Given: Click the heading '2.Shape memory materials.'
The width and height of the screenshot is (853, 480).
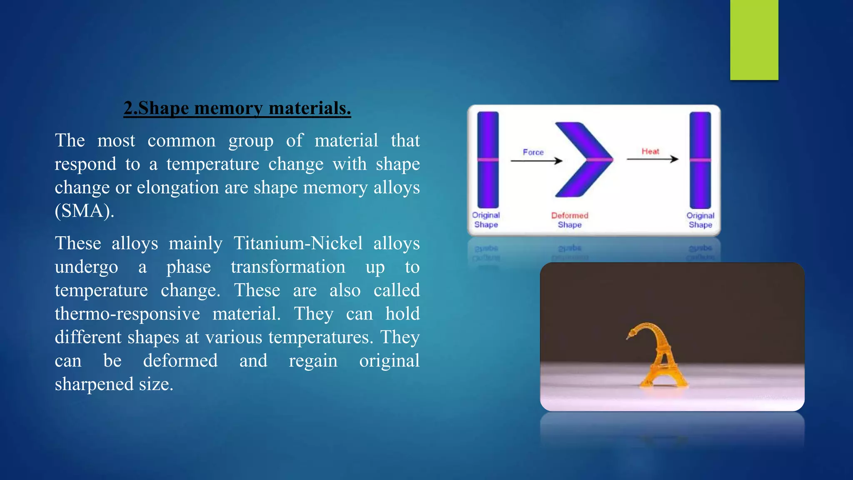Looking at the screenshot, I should tap(237, 108).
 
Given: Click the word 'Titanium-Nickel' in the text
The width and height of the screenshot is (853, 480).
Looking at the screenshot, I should tap(298, 243).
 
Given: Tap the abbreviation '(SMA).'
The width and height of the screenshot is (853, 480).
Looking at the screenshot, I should tap(85, 211).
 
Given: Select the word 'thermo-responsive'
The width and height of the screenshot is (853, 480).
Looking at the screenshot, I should tap(127, 314).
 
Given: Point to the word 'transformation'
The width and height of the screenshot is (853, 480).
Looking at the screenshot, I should tap(288, 267).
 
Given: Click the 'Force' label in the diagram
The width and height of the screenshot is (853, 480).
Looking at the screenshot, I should tap(533, 152).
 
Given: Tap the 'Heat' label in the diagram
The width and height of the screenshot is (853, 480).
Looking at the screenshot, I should tap(650, 151).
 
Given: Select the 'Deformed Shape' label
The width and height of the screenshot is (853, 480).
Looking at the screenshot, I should tap(569, 220).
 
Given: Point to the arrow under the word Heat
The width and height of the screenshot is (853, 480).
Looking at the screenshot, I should tap(652, 159).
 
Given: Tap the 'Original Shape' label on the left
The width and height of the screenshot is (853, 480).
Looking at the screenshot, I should tap(486, 220).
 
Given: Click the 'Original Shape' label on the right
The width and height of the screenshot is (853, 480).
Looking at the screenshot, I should tap(700, 220).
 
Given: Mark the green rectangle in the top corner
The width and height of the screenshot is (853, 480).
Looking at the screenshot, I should tap(754, 40).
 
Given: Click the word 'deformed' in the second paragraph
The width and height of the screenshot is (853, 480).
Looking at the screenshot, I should tap(180, 361).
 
